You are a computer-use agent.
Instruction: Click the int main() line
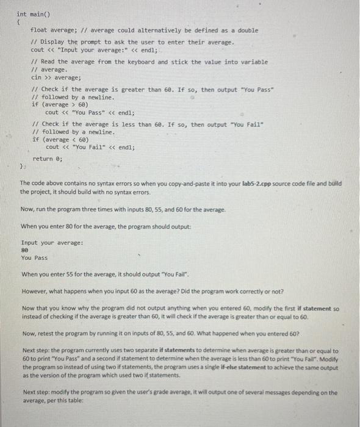31,13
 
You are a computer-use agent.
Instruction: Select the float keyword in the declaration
39,30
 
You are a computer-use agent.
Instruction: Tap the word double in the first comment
247,30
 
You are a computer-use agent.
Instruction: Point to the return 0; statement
48,158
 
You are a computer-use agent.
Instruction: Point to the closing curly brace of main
21,166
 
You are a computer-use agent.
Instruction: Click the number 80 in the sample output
24,250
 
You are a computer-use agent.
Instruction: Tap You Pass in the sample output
34,258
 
